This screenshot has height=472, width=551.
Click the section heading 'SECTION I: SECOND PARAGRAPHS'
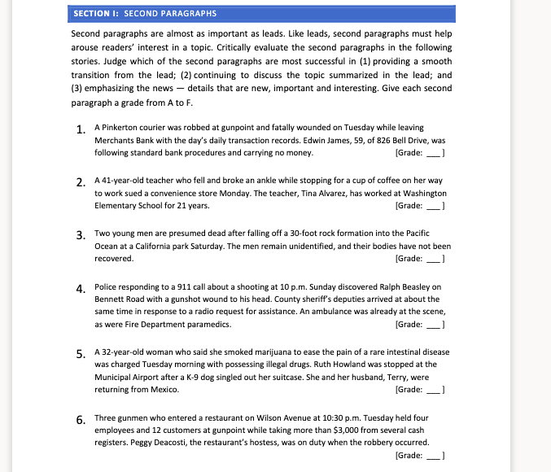pos(144,14)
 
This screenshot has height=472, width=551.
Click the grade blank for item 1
pos(434,153)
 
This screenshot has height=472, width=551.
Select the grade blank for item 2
pos(434,206)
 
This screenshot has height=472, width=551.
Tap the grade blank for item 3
pos(434,259)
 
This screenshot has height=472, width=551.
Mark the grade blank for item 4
pos(434,324)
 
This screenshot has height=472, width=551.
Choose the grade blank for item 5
pos(434,390)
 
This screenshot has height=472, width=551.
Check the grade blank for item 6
pos(434,455)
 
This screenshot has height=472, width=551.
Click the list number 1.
pos(81,129)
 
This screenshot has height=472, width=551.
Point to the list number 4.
pos(81,288)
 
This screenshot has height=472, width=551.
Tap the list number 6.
pos(81,420)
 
